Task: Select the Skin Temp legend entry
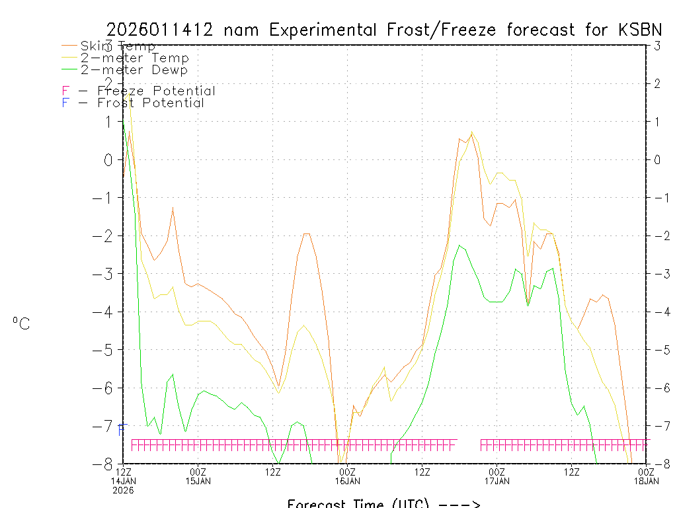point(117,46)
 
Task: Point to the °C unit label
point(21,323)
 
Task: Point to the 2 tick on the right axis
point(657,83)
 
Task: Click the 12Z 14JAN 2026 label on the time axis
point(123,480)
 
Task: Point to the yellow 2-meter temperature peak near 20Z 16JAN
point(471,132)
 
